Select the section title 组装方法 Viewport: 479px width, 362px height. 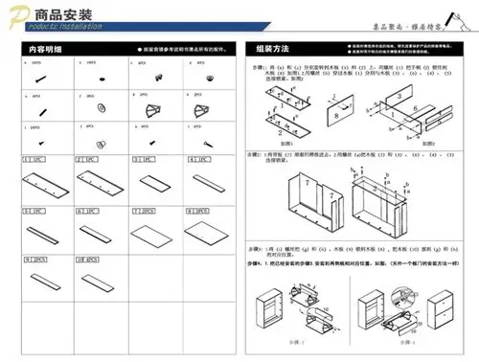[274, 48]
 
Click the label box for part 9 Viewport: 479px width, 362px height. [33, 259]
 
